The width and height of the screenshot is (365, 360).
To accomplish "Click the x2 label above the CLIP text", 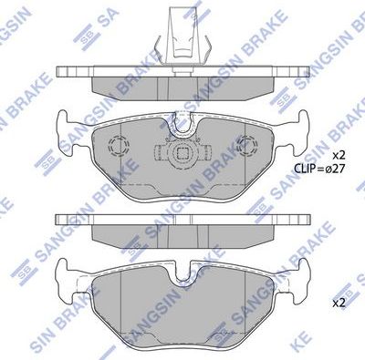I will pos(338,155).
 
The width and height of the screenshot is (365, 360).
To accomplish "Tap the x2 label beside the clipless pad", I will pos(338,301).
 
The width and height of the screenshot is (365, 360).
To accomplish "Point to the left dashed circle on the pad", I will pos(117,145).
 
